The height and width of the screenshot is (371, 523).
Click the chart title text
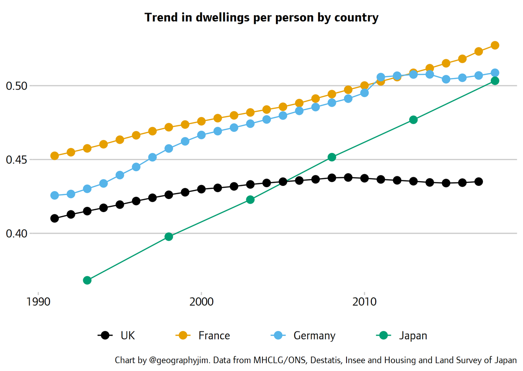click(261, 18)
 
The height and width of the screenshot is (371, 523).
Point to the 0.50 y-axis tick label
click(17, 86)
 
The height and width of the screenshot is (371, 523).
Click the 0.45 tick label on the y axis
click(17, 160)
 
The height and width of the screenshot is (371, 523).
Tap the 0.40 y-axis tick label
click(17, 234)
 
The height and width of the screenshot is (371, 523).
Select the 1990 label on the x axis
click(38, 302)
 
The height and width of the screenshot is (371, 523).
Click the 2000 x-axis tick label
click(201, 302)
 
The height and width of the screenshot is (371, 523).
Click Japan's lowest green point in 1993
click(87, 280)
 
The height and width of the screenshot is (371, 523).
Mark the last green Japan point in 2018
click(495, 81)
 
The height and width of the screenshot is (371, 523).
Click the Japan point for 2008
click(332, 157)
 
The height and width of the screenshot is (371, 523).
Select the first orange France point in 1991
click(54, 155)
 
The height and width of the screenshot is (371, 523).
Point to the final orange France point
click(495, 45)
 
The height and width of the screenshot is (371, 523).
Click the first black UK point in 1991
click(54, 218)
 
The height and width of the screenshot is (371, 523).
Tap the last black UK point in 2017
click(479, 182)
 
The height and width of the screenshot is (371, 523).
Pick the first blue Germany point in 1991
click(54, 196)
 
